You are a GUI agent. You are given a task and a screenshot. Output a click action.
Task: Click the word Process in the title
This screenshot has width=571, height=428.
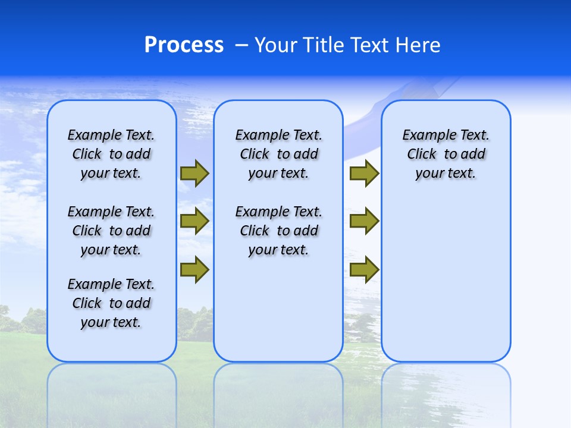[x=184, y=45]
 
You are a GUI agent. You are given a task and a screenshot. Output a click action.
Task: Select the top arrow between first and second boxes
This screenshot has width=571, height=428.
[x=194, y=173]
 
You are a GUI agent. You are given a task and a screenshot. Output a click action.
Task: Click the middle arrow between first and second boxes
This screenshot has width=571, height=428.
[x=194, y=221]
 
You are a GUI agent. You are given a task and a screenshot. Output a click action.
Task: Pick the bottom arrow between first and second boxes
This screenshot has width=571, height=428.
[x=194, y=270]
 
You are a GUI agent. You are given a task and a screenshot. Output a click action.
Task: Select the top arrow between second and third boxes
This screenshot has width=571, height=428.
[x=364, y=173]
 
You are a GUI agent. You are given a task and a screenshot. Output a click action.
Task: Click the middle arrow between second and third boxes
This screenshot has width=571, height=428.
[x=364, y=221]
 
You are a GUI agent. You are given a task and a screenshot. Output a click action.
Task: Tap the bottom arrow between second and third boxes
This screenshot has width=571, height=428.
[x=364, y=270]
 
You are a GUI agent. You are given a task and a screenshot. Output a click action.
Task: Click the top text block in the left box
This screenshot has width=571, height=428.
[x=111, y=154]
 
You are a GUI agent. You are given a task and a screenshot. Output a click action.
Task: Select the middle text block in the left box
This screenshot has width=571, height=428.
[x=111, y=231]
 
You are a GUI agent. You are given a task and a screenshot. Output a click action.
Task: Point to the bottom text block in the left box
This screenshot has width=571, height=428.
[x=111, y=303]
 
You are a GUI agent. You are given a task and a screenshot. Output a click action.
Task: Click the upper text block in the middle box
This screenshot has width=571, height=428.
[x=278, y=154]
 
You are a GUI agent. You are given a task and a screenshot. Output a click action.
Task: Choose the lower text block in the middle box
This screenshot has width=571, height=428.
[x=278, y=231]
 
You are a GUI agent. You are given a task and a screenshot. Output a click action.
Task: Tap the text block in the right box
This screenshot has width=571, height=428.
[x=445, y=154]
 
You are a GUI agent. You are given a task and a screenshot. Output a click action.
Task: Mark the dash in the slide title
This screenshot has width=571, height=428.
[x=242, y=46]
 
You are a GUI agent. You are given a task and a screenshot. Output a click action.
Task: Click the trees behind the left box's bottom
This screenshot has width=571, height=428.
[x=24, y=321]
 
